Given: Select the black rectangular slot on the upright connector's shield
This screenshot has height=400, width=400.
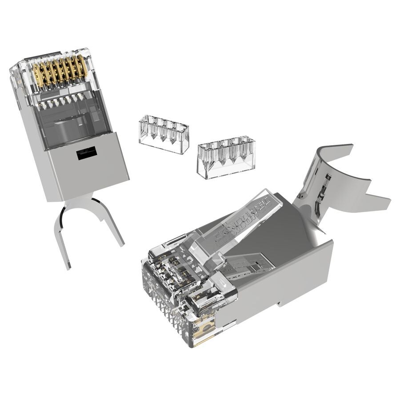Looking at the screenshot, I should pos(87,154).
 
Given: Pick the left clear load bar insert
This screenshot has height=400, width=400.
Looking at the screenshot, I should pos(164,134).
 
